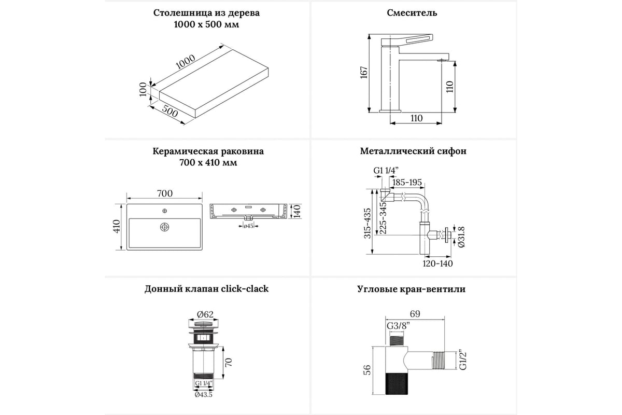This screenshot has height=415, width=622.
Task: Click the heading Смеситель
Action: click(x=412, y=13)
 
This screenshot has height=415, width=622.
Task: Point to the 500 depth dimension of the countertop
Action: click(x=169, y=113)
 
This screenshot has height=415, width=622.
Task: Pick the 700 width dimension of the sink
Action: click(x=164, y=193)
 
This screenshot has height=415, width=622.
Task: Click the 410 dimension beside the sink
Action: click(x=117, y=226)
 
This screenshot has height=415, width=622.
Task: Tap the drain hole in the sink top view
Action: click(x=164, y=227)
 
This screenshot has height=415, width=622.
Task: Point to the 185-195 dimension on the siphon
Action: click(x=407, y=183)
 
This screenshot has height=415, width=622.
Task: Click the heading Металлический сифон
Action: click(x=413, y=151)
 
